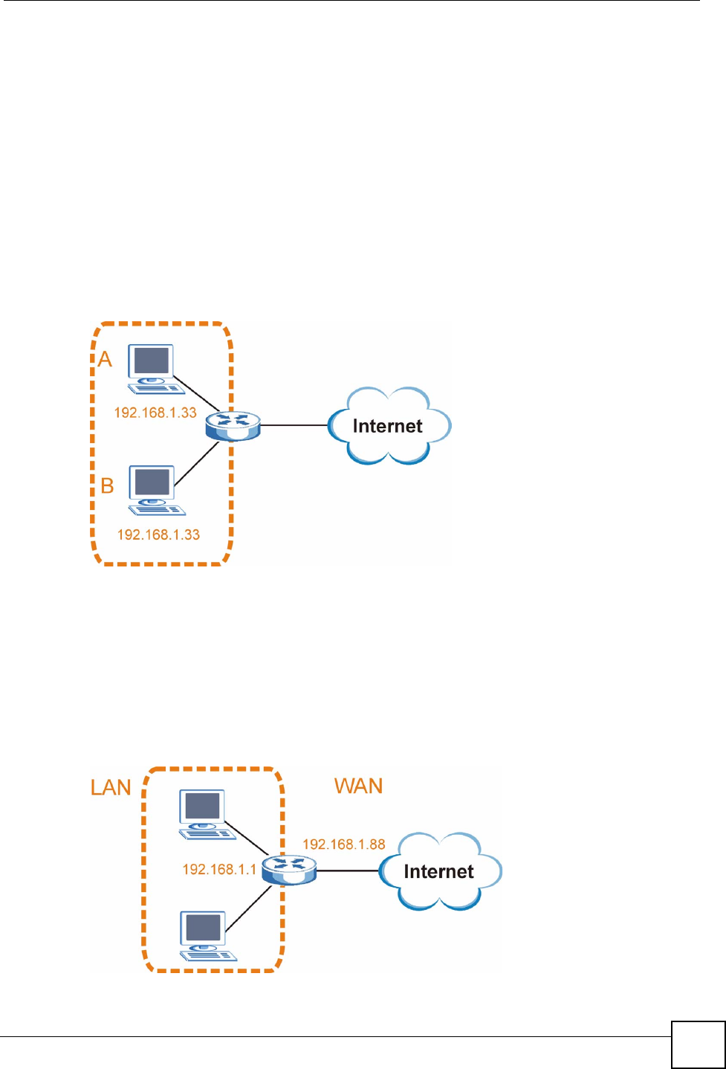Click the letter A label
pos(105,359)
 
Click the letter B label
pos(107,486)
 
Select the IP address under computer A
pos(155,413)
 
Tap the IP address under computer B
pos(158,534)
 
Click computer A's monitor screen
pos(151,361)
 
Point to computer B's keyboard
pos(157,510)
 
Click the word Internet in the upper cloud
pos(387,426)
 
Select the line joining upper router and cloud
pos(294,424)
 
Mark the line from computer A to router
pos(196,393)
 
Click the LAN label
pos(111,787)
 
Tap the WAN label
pos(358,786)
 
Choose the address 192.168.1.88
pos(344,844)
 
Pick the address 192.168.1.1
pos(219,869)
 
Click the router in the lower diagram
pos(289,870)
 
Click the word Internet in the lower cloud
pos(439,871)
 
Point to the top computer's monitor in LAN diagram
pos(202,806)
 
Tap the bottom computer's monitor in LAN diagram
pos(203,928)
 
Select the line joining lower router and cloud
pos(348,871)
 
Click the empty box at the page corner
pos(699,1045)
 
